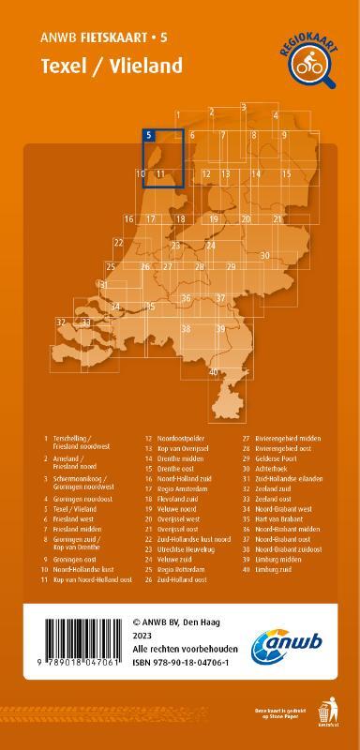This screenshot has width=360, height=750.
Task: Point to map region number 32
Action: coord(61,322)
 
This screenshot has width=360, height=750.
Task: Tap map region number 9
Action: coord(283,136)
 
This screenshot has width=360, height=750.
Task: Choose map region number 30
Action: coord(265,255)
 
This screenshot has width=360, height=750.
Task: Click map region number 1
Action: coord(177,115)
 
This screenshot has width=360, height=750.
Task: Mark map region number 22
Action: coord(118,243)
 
